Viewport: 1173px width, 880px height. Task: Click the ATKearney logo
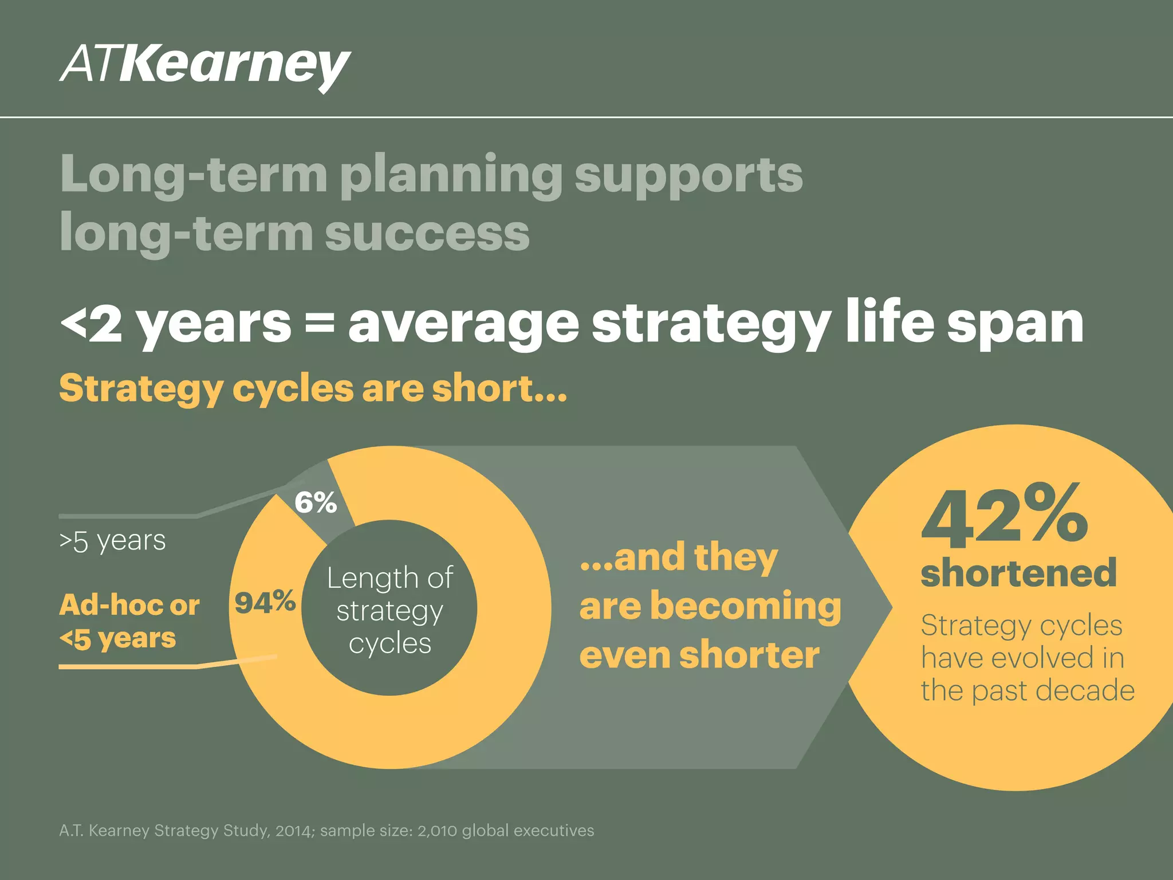pyautogui.click(x=204, y=66)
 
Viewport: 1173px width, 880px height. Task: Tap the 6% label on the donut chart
pyautogui.click(x=316, y=503)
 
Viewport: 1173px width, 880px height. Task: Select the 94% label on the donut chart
pyautogui.click(x=265, y=602)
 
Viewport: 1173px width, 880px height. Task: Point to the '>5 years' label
pyautogui.click(x=112, y=541)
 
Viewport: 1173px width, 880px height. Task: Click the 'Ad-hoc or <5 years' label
pyautogui.click(x=129, y=622)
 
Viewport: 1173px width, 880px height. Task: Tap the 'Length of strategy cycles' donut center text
pyautogui.click(x=390, y=610)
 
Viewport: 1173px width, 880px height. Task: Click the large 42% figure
pyautogui.click(x=1005, y=514)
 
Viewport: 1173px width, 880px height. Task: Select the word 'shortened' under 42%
pyautogui.click(x=1018, y=572)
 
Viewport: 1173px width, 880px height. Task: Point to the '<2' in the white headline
pyautogui.click(x=92, y=324)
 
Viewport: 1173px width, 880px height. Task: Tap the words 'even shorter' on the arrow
pyautogui.click(x=699, y=655)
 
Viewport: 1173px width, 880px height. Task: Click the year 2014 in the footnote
pyautogui.click(x=294, y=831)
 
